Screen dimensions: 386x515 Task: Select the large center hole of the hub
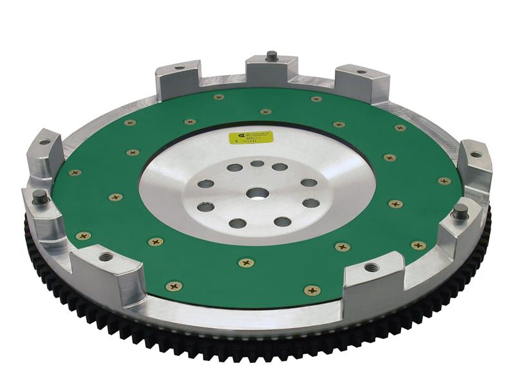coord(257,193)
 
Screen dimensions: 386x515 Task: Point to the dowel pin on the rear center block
coord(272,56)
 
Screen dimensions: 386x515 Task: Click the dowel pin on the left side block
coord(39,195)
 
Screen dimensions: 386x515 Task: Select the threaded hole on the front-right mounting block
coord(371,266)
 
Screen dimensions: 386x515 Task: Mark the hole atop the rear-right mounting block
coord(361,71)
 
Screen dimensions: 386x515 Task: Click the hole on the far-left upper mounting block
coord(45,142)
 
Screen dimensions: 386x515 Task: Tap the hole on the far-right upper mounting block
coord(476,154)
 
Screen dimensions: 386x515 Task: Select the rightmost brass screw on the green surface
coord(444,181)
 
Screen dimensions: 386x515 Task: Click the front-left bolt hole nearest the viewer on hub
coord(237,223)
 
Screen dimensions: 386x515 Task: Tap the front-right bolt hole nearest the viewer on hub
coord(282,222)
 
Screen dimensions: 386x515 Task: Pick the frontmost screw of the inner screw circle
coord(246,262)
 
